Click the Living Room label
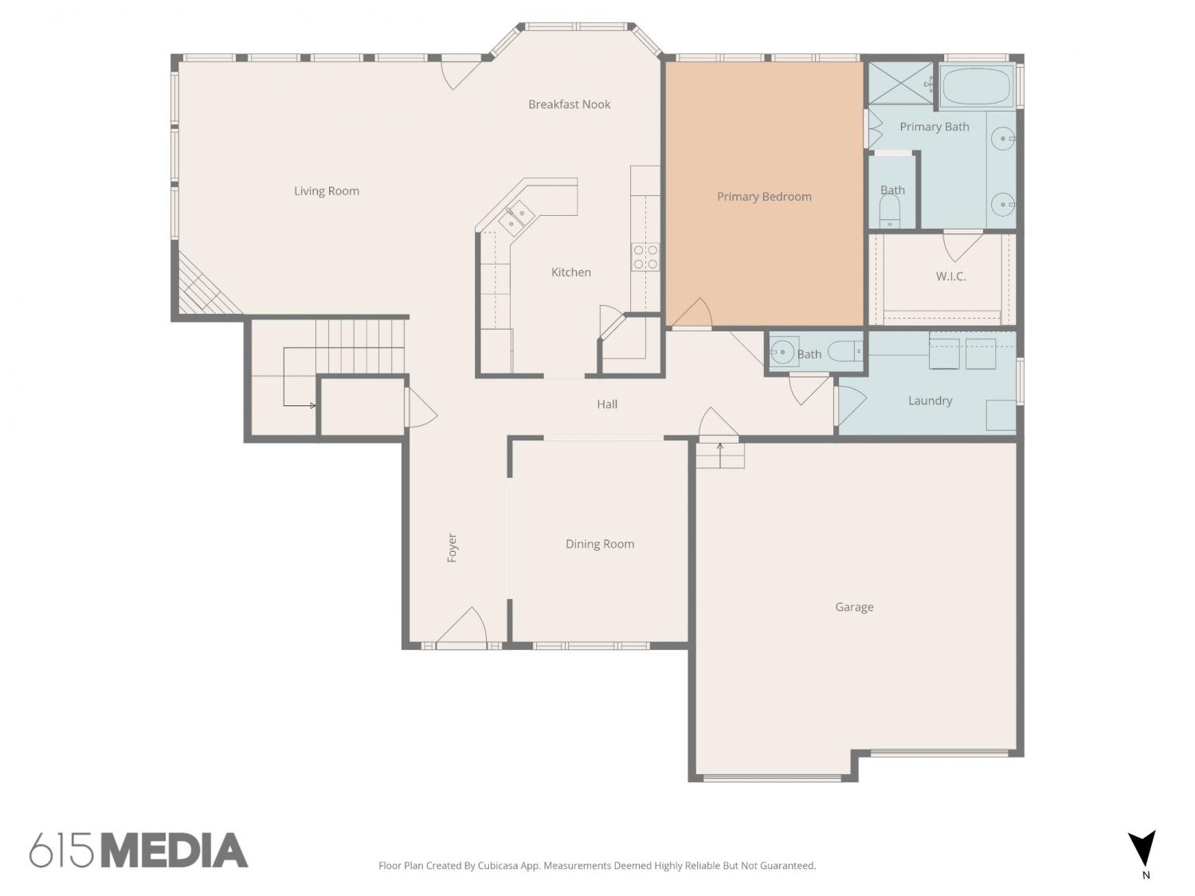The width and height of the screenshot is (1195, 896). coord(326,191)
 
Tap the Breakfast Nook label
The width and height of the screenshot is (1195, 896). coord(569,104)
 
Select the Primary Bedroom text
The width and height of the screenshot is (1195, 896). coord(764,197)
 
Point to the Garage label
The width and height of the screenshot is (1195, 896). coord(854,607)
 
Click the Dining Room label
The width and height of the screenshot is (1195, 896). coord(599,544)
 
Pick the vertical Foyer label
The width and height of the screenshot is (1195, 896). coord(452,548)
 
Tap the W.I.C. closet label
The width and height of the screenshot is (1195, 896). coord(950,276)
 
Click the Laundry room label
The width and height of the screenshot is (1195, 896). coord(930,401)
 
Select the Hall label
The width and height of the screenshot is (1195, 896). coord(607,405)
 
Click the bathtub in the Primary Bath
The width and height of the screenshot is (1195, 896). coord(977,86)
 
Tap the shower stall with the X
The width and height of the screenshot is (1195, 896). coord(901,83)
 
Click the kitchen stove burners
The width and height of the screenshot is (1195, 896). coord(645,256)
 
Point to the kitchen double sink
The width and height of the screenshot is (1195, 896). coord(515,217)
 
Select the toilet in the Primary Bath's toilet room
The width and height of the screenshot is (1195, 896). coord(890,212)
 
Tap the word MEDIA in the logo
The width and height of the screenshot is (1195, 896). coord(175,851)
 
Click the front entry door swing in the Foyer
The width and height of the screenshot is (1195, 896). coord(461,626)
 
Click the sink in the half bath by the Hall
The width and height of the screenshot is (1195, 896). coord(782,353)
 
